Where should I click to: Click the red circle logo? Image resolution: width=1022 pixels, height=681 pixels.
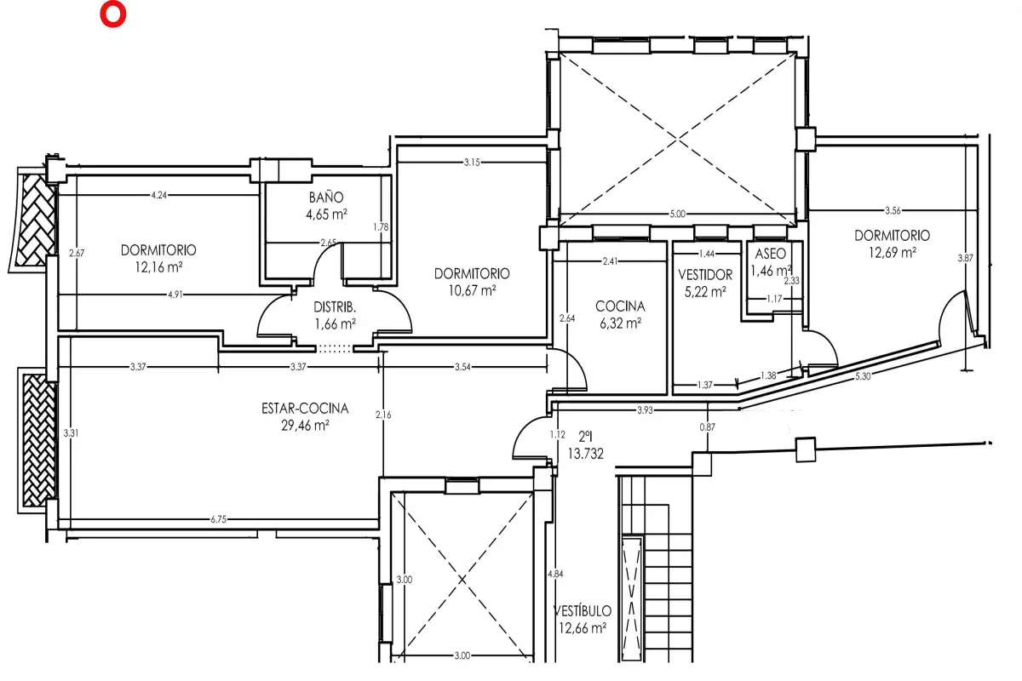click(x=112, y=14)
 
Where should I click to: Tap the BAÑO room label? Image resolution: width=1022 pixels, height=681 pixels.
click(x=325, y=197)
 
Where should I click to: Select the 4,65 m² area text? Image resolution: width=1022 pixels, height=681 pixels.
click(x=326, y=214)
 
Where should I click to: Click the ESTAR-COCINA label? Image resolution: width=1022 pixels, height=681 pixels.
click(x=305, y=409)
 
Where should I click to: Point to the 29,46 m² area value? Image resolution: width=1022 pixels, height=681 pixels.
click(x=305, y=425)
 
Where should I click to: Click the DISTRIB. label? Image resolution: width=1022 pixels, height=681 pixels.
click(x=335, y=307)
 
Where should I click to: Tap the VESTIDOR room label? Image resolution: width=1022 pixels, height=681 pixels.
click(x=705, y=275)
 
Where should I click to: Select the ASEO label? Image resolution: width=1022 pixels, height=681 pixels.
click(x=770, y=254)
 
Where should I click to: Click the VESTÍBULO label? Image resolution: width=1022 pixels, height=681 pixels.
click(x=583, y=610)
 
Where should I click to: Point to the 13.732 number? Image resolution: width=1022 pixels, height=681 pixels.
click(x=585, y=454)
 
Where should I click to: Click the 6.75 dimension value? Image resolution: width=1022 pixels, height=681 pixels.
click(x=219, y=519)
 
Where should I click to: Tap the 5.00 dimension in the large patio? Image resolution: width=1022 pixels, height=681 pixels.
click(x=677, y=214)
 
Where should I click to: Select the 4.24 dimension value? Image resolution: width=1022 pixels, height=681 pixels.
click(x=158, y=195)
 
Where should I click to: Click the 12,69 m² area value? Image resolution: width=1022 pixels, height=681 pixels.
click(x=892, y=252)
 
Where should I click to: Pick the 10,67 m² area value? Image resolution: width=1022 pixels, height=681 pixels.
click(x=472, y=290)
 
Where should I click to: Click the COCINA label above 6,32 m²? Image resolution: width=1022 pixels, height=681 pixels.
click(x=620, y=306)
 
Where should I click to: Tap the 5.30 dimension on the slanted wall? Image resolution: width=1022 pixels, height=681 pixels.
click(x=862, y=376)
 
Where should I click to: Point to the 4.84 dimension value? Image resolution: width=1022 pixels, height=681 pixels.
click(x=555, y=574)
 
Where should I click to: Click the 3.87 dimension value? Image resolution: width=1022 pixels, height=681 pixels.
click(x=966, y=258)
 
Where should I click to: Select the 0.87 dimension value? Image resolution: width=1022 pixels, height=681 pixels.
click(x=707, y=427)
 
